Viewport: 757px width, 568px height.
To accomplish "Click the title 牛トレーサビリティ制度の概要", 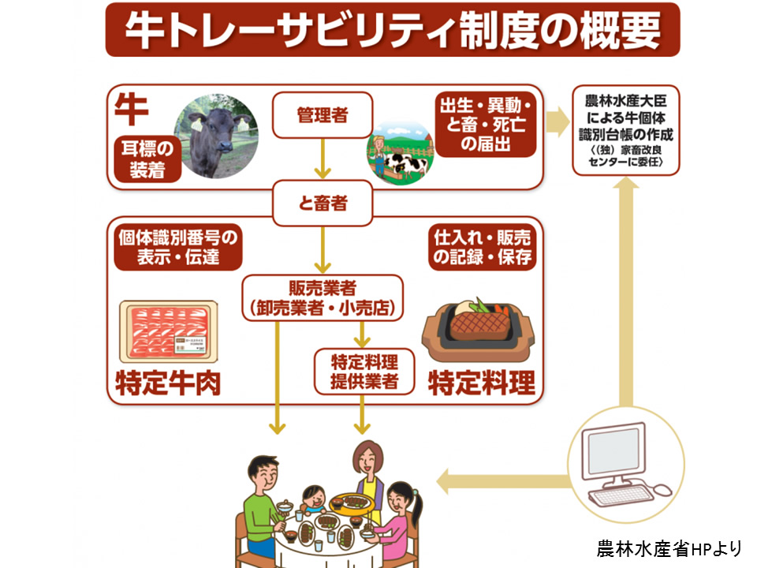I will click(392, 29).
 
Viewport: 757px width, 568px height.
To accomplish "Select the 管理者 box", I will click(322, 115).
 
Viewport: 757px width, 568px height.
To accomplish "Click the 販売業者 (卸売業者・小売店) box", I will click(322, 297).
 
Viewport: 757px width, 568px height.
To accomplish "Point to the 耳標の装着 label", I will click(147, 159).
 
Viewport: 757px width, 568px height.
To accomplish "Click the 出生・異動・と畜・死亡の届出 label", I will click(487, 124).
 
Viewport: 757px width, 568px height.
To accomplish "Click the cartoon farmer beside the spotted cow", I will click(382, 149).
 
